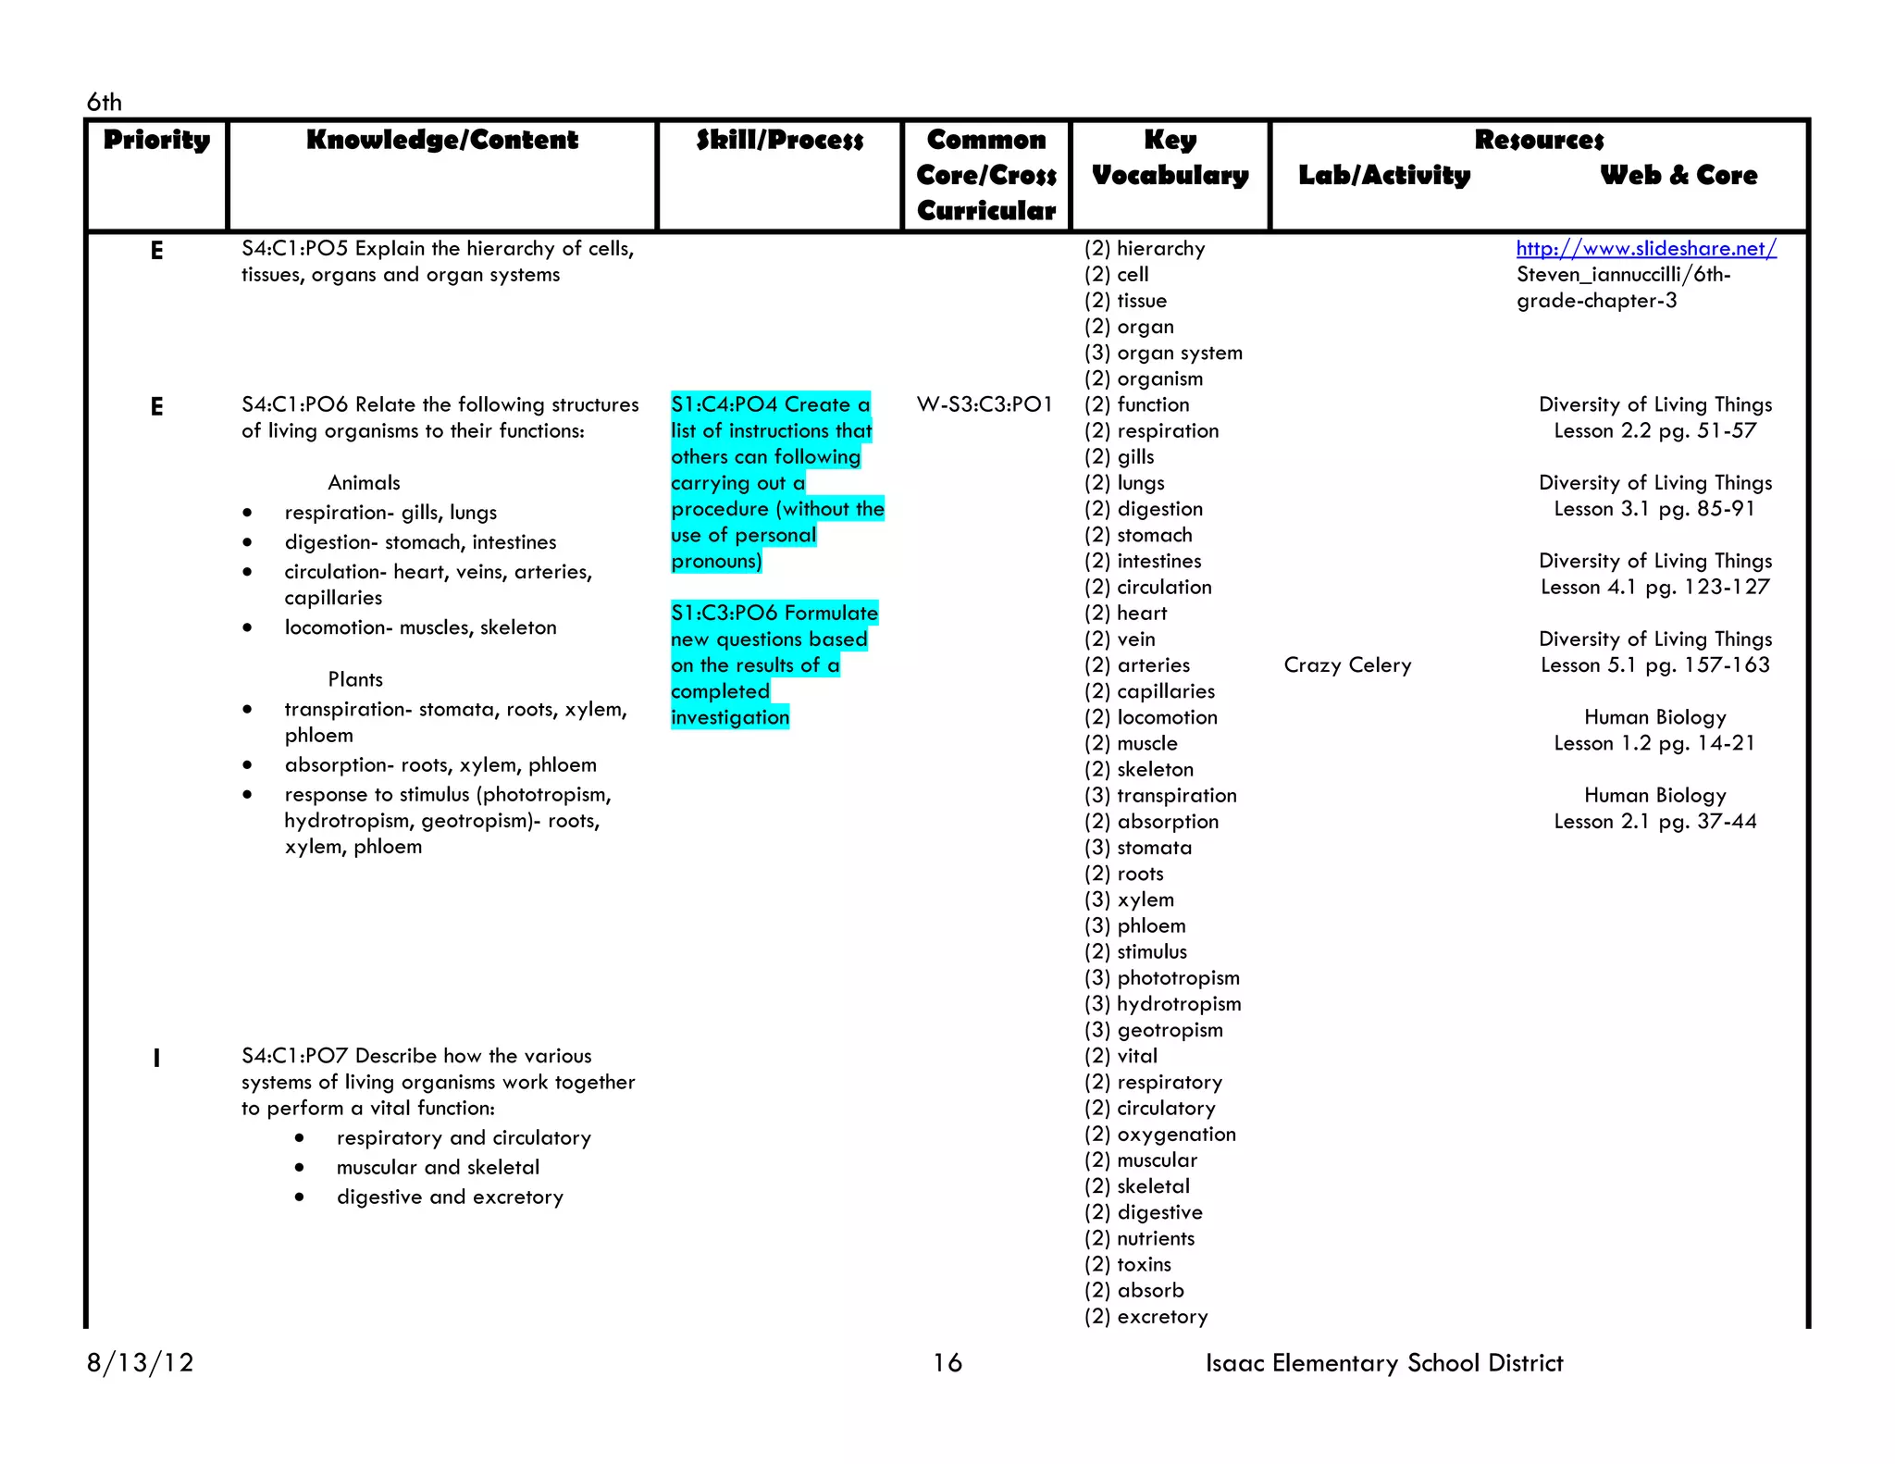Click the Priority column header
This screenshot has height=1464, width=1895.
click(x=156, y=141)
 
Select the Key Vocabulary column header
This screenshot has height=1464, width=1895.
click(x=1170, y=157)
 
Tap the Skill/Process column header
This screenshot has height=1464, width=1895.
click(x=779, y=141)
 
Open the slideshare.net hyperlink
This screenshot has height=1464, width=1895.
click(x=1645, y=248)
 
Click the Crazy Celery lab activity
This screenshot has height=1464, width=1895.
click(x=1347, y=665)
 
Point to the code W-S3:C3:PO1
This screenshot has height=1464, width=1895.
click(x=985, y=404)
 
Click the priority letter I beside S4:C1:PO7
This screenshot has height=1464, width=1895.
click(x=156, y=1058)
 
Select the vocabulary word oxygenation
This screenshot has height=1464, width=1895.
click(x=1175, y=1135)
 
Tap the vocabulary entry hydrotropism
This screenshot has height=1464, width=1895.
click(x=1178, y=1004)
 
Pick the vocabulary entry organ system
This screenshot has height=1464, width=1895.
click(x=1179, y=353)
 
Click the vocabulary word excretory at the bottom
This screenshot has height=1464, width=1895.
click(x=1162, y=1317)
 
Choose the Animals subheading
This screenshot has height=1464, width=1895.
click(x=364, y=483)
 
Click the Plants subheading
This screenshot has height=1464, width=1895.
click(x=354, y=679)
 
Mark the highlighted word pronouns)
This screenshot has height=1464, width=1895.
click(x=716, y=562)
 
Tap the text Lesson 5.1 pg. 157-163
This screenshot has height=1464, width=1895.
click(x=1654, y=665)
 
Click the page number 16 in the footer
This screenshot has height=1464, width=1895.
click(x=947, y=1362)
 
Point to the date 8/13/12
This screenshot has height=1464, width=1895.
click(x=141, y=1362)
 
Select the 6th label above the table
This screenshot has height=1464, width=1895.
click(x=104, y=102)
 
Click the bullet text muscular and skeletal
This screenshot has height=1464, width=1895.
click(x=438, y=1168)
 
